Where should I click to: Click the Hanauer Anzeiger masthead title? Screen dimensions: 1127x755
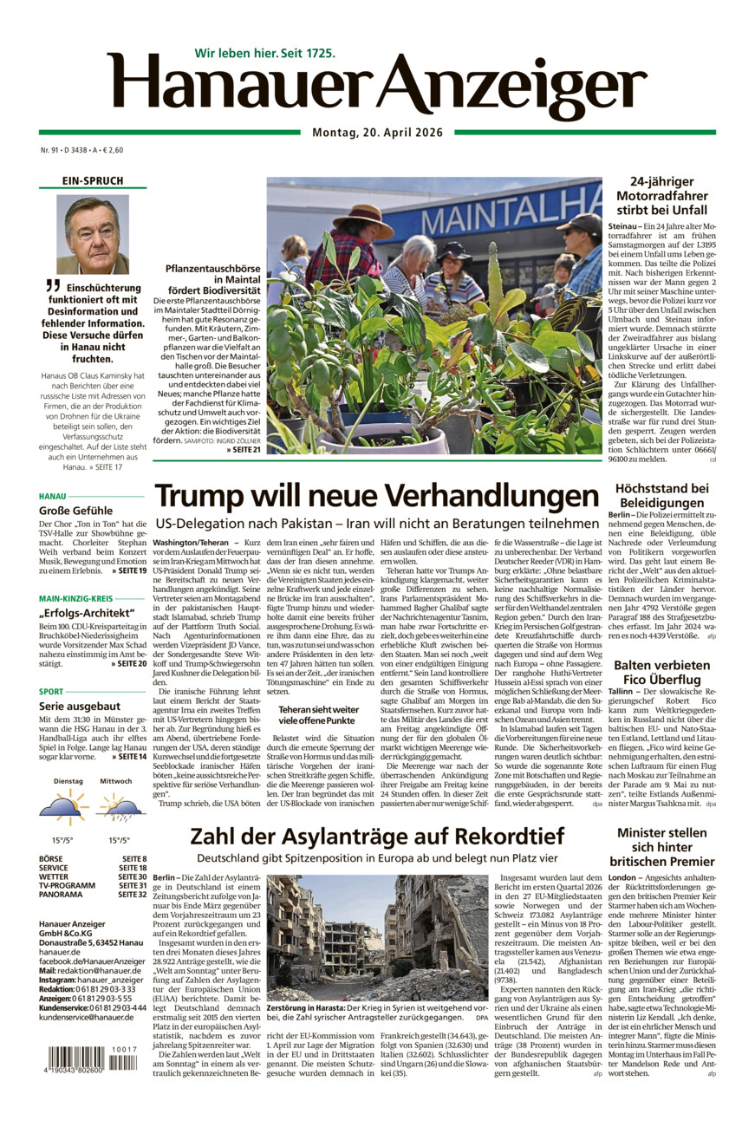(377, 87)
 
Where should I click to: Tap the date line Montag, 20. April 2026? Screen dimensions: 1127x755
(377, 133)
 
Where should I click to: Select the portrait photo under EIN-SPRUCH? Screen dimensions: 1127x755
(93, 233)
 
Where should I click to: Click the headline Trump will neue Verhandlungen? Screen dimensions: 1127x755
(376, 496)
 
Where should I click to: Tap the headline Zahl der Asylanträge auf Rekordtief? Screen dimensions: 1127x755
(376, 836)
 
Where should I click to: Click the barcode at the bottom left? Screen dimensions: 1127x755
(87, 1061)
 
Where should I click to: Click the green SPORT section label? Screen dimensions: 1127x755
(51, 692)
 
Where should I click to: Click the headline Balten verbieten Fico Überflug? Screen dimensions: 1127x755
(661, 673)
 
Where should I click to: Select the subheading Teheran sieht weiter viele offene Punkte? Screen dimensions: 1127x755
(317, 714)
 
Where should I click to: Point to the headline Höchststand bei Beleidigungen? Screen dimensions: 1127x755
(661, 495)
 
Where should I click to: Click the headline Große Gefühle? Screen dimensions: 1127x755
(75, 511)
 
